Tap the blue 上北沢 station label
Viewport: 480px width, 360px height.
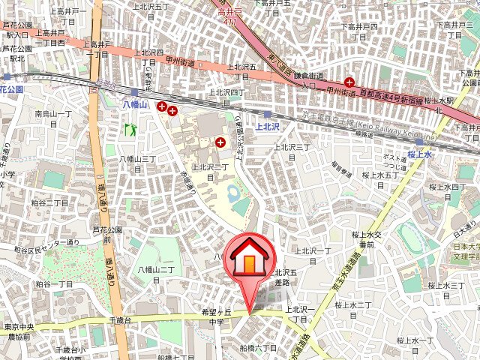[267, 127]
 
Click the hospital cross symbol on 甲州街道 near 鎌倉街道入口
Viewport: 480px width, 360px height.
[349, 81]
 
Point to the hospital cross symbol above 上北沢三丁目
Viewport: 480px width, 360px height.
[220, 141]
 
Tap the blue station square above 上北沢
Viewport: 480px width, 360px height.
[268, 114]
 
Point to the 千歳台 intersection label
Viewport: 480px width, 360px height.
[120, 320]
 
